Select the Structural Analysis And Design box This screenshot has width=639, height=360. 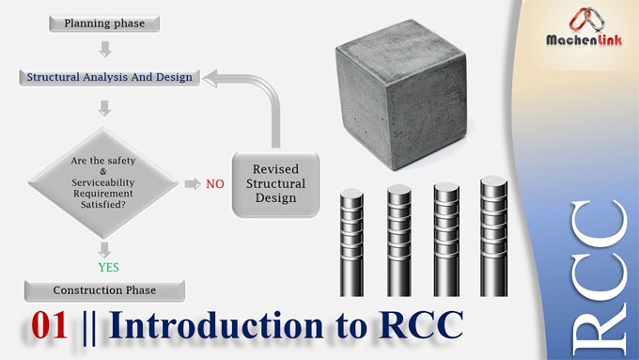coord(110,77)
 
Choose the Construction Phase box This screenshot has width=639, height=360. coord(104,290)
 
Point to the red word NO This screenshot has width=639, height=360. coord(215,184)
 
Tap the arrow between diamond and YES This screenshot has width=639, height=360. coord(104,247)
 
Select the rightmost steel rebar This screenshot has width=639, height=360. coord(491,235)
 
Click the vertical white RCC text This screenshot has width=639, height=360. coord(599,282)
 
